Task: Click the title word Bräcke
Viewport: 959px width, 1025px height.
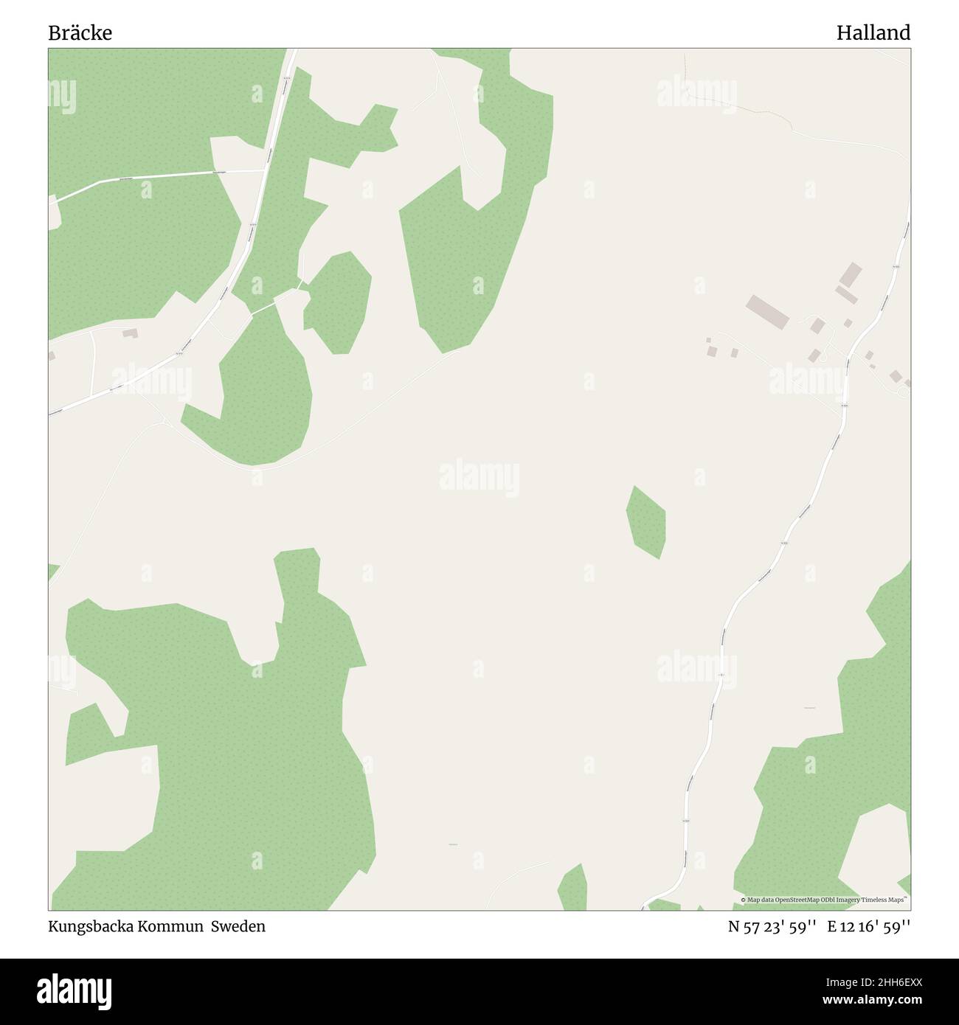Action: click(x=80, y=33)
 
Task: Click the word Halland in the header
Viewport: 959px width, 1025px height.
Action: click(x=873, y=33)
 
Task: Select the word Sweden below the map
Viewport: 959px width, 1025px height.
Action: click(x=238, y=926)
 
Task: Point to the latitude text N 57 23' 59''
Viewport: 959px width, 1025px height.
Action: click(x=772, y=927)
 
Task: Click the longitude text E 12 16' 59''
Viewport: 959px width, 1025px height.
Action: click(x=868, y=927)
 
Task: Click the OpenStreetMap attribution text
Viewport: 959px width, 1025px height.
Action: click(x=825, y=900)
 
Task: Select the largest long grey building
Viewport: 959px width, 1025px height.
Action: click(x=767, y=311)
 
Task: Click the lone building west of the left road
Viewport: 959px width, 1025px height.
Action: click(x=130, y=334)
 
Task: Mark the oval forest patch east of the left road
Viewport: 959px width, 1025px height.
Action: click(x=337, y=302)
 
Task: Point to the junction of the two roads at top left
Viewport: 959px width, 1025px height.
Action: click(x=266, y=170)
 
